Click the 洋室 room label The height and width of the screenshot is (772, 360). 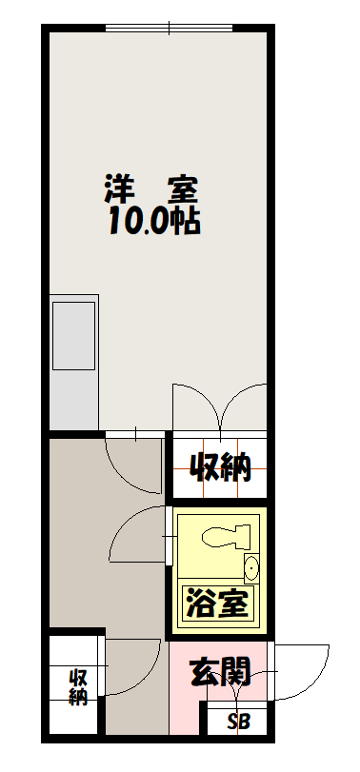click(x=151, y=189)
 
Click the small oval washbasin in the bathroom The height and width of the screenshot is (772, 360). click(x=251, y=569)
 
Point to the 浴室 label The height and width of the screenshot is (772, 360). click(x=216, y=603)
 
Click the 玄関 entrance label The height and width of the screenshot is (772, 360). click(x=220, y=671)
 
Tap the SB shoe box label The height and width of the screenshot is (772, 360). click(x=239, y=722)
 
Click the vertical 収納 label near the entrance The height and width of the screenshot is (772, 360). click(x=78, y=687)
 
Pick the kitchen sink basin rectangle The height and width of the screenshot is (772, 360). click(x=74, y=336)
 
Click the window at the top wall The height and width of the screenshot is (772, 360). click(x=169, y=28)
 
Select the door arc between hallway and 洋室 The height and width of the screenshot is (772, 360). click(x=120, y=474)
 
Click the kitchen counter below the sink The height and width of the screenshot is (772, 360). click(x=74, y=400)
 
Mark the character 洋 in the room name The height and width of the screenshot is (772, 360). click(x=118, y=189)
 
